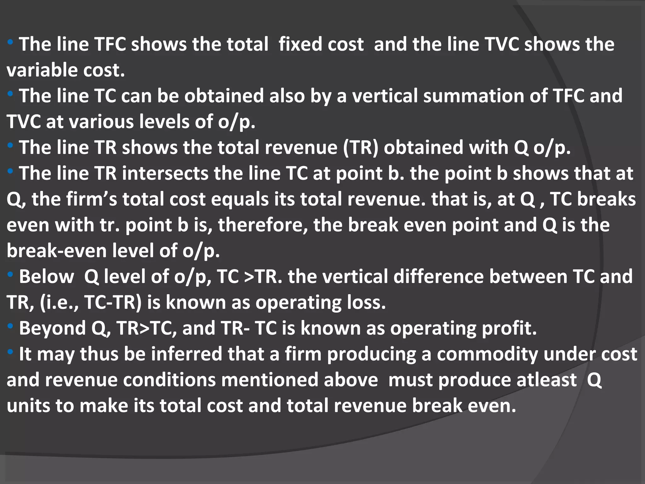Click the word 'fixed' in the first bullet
pos(321,44)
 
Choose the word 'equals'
pos(240,199)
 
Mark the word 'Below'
pos(46,277)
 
